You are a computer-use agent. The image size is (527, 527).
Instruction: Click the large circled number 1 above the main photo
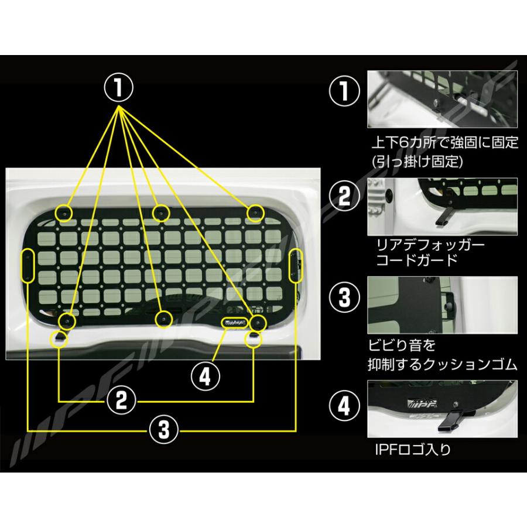pyautogui.click(x=119, y=90)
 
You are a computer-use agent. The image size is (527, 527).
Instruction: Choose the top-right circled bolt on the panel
pyautogui.click(x=254, y=213)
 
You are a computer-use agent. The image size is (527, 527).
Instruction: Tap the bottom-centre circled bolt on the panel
pyautogui.click(x=163, y=318)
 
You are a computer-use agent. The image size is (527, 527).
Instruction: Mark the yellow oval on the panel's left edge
pyautogui.click(x=28, y=266)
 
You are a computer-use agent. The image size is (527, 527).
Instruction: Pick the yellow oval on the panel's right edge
pyautogui.click(x=296, y=265)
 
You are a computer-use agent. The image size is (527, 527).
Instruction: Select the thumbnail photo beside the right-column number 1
pyautogui.click(x=442, y=99)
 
